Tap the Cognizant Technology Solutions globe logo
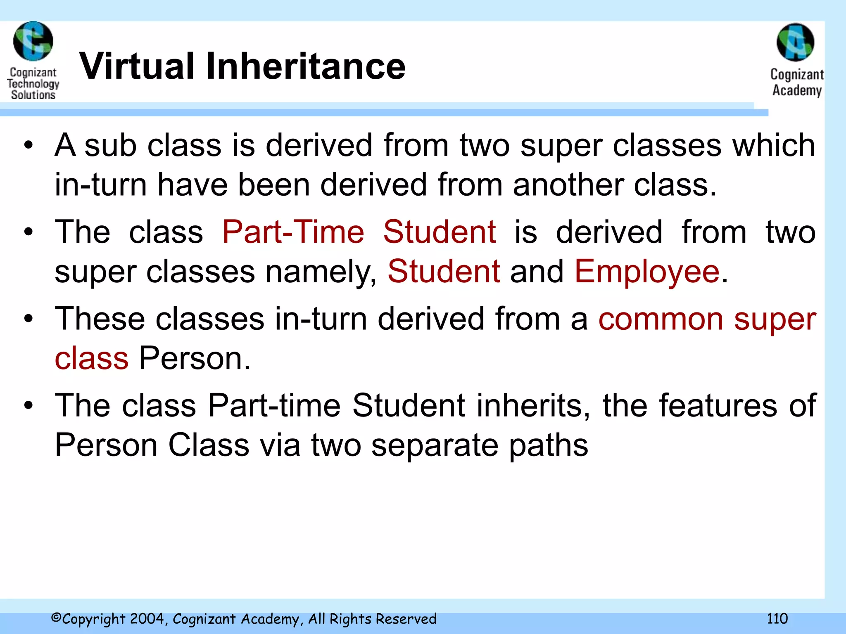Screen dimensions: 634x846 click(33, 41)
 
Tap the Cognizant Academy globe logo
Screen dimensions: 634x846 click(795, 43)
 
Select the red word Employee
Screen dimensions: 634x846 click(647, 272)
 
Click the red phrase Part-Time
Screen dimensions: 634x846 click(293, 232)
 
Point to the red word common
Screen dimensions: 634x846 click(661, 319)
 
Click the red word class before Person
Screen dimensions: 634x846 click(91, 358)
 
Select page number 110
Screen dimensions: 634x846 click(777, 618)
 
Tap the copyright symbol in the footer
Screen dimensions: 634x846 click(56, 618)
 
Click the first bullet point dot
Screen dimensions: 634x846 click(28, 146)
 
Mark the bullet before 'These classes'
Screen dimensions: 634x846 click(28, 319)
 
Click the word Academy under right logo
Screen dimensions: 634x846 click(797, 90)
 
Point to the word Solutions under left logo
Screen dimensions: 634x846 click(33, 95)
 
